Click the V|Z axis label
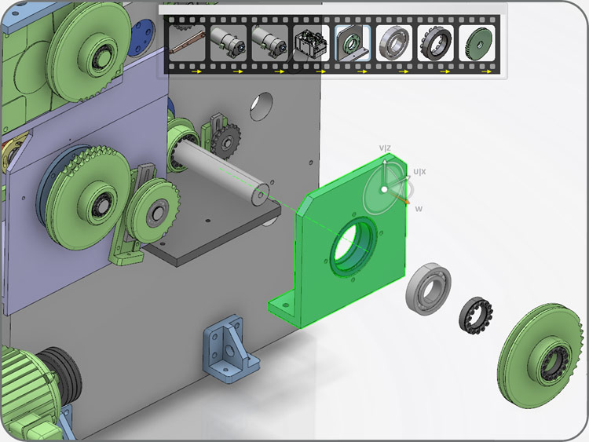coord(385,148)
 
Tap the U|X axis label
coord(419,172)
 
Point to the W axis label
coord(419,209)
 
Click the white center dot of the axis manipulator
coord(384,190)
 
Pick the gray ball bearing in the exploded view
coord(428,289)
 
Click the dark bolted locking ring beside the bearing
coord(476,316)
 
